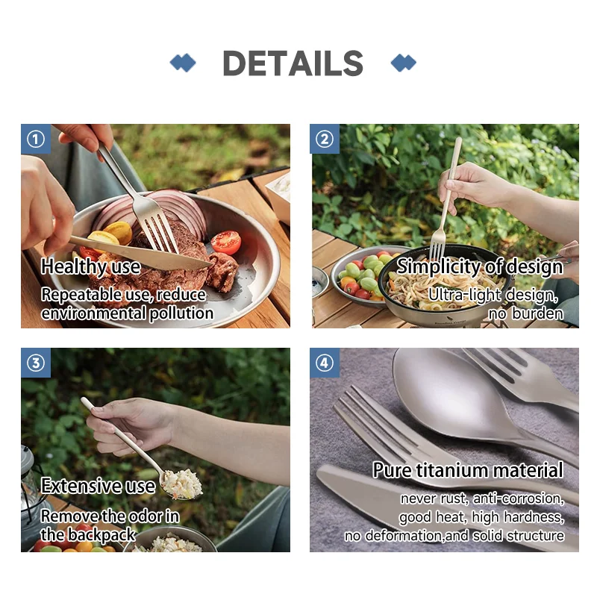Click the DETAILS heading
pos(293,63)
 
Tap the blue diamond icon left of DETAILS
pos(183,63)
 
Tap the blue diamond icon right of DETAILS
pos(404,63)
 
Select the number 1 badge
pos(36,139)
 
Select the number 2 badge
pos(325,139)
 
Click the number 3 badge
pos(36,363)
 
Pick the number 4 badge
pos(325,363)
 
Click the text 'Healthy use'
pos(90,266)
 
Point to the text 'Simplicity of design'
pos(480,266)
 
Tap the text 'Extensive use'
pos(98,486)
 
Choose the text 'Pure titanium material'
pos(468,470)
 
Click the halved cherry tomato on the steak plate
pos(225,242)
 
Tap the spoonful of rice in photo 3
pos(182,484)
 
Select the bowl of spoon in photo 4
pos(440,388)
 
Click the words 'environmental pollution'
pos(128,313)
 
